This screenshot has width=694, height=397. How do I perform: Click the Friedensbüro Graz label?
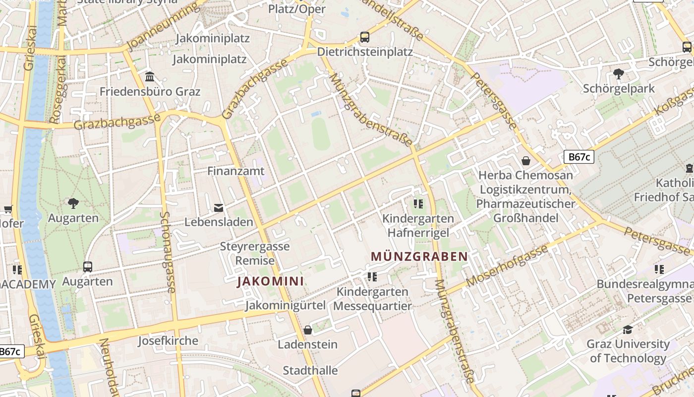pyautogui.click(x=150, y=92)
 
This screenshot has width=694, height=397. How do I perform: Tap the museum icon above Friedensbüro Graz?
pyautogui.click(x=150, y=77)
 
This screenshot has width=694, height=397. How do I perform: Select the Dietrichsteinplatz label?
pyautogui.click(x=365, y=52)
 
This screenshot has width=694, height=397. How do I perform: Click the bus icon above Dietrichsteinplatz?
pyautogui.click(x=365, y=37)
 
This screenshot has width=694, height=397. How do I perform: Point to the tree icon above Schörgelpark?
pyautogui.click(x=618, y=74)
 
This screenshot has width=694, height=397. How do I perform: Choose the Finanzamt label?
pyautogui.click(x=236, y=171)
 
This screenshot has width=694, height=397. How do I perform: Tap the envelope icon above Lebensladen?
pyautogui.click(x=219, y=207)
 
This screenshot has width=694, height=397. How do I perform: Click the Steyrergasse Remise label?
pyautogui.click(x=255, y=253)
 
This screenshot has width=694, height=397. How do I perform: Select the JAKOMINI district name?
pyautogui.click(x=270, y=281)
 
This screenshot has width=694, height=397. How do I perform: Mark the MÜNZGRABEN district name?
pyautogui.click(x=419, y=257)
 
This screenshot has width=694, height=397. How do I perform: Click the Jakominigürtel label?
pyautogui.click(x=286, y=305)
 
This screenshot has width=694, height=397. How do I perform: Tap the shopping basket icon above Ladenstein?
pyautogui.click(x=308, y=330)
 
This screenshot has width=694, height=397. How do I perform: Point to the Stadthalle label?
pyautogui.click(x=310, y=371)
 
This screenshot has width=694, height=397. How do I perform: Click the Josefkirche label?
pyautogui.click(x=168, y=341)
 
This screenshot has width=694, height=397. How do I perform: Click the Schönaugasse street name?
pyautogui.click(x=168, y=252)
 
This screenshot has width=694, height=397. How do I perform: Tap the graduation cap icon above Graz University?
pyautogui.click(x=628, y=330)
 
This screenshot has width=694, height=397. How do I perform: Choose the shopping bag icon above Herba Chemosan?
pyautogui.click(x=525, y=161)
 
